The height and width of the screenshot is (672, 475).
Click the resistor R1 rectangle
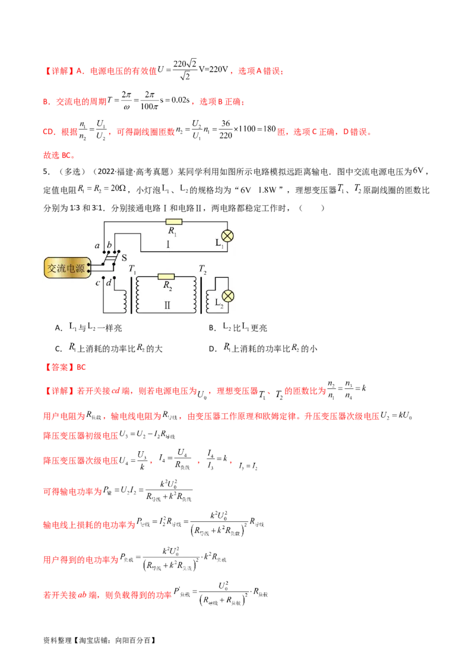(173, 222)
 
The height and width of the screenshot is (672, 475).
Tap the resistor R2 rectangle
(166, 276)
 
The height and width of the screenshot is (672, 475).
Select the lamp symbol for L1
(226, 234)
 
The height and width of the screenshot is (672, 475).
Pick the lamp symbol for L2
(226, 296)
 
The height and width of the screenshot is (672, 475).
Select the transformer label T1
(132, 270)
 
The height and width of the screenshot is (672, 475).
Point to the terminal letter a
(97, 245)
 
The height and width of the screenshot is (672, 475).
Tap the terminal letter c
(97, 282)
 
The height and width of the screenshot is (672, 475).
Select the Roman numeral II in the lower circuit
(167, 305)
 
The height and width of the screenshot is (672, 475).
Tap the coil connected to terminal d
(125, 300)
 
